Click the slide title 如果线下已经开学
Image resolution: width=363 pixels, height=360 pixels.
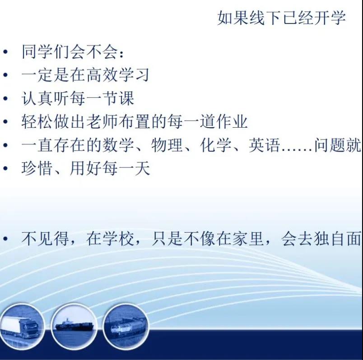point(282,18)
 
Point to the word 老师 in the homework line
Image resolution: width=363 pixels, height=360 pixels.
point(102,122)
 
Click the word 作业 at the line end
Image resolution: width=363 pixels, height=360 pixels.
point(232,122)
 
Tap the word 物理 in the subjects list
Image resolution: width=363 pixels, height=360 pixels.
point(167,145)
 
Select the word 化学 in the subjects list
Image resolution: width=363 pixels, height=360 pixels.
point(216,145)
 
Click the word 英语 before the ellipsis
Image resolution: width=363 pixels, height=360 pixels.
point(265,145)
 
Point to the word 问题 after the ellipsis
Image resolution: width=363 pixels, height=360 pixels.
point(330,145)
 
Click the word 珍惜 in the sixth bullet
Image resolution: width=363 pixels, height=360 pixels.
point(37,168)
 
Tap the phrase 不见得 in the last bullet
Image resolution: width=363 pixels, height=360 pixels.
point(45,239)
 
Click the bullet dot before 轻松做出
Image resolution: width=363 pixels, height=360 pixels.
point(5,122)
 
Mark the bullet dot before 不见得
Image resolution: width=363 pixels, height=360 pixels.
point(5,239)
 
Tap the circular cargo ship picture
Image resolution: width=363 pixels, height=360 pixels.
point(74,326)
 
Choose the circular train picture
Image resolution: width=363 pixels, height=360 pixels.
point(126,326)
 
